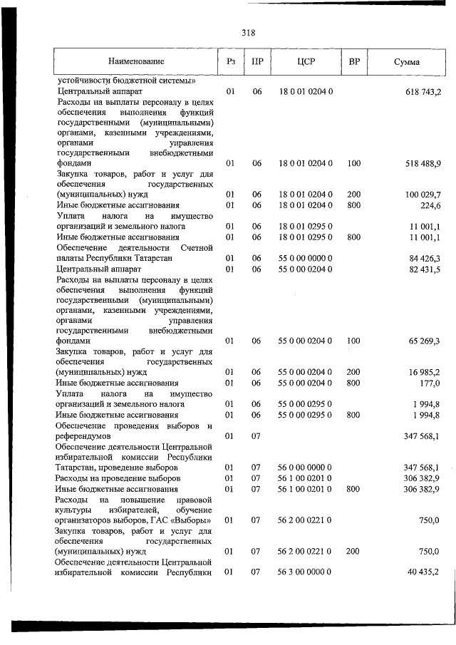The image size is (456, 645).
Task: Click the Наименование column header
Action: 136,63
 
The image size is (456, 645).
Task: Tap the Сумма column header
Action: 406,63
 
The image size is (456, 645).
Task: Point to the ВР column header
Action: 353,63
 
